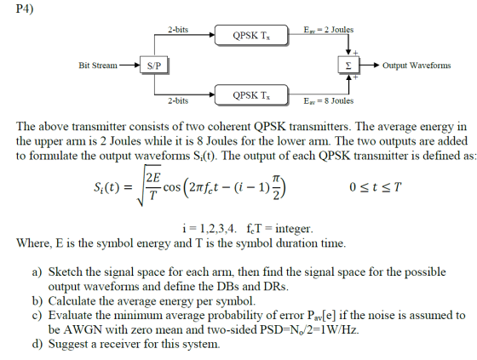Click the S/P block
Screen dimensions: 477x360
(154, 65)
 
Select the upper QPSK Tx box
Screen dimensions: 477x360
(251, 35)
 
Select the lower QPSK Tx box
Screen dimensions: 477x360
(251, 95)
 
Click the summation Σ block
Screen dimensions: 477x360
(348, 65)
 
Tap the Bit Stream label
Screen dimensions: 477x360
(98, 66)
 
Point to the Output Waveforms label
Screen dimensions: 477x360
(417, 66)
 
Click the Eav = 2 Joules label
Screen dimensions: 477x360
(329, 30)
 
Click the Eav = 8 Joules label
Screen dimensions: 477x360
(329, 100)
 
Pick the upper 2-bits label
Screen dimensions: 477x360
(178, 30)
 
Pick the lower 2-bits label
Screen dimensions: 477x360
(178, 100)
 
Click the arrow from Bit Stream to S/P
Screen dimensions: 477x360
(129, 65)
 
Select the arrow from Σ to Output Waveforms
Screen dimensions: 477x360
(370, 65)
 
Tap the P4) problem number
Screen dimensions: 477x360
(25, 9)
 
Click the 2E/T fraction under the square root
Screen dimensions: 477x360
(153, 186)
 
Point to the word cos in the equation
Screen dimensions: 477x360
(172, 187)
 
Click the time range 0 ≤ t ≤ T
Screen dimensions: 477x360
(376, 187)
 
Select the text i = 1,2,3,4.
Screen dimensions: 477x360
(210, 228)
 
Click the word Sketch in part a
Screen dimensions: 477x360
(65, 271)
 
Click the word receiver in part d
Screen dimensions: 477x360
(120, 344)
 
